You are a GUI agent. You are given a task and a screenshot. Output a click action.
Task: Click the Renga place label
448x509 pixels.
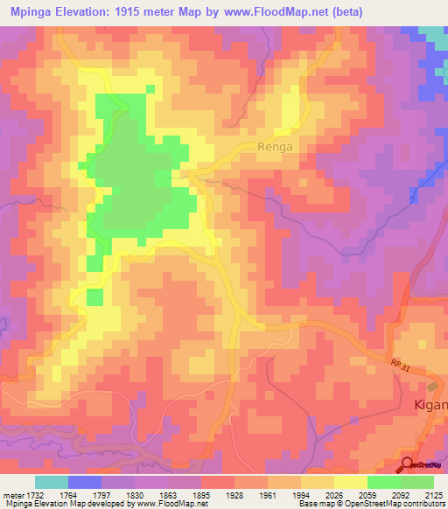[275, 148]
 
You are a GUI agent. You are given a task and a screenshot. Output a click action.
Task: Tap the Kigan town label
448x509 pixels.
[430, 406]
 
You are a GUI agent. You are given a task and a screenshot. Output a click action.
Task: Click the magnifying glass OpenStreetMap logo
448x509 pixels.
[409, 464]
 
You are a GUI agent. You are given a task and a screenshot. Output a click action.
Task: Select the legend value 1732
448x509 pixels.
[40, 494]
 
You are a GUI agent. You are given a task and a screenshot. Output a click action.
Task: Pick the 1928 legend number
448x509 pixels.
[234, 494]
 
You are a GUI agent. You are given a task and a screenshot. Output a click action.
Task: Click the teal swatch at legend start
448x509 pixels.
[51, 482]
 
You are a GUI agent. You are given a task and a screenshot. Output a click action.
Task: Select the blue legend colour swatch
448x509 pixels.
[84, 482]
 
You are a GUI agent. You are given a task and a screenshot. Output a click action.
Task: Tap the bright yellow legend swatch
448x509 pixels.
[350, 482]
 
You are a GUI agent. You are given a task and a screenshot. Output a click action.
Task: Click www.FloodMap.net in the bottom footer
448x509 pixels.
[178, 504]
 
